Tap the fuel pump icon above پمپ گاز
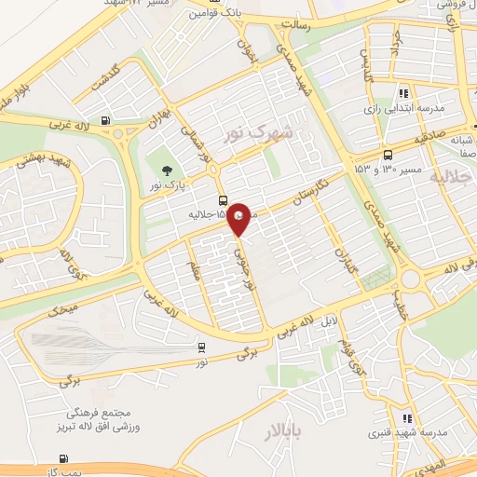point(64,457)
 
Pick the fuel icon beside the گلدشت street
point(105,120)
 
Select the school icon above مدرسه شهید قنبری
point(405,418)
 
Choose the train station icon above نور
point(201,348)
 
